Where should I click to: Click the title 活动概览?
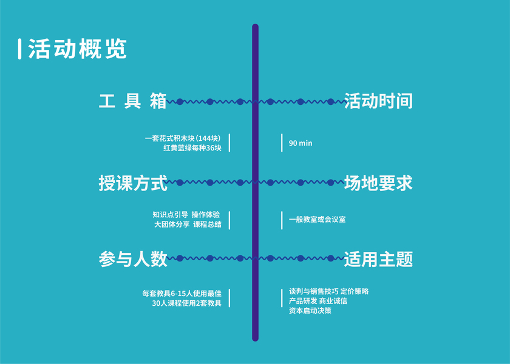point(78,50)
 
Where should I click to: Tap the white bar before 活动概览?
point(20,50)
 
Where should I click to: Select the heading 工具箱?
point(133,101)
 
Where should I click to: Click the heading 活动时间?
point(378,101)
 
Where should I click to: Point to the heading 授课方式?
point(133,182)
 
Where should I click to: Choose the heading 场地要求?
point(378,182)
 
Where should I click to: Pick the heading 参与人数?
point(133,259)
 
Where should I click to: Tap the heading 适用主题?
point(378,259)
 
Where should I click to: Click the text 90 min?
point(301,143)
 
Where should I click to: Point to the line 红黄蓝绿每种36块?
point(192,147)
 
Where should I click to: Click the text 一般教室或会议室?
point(318,220)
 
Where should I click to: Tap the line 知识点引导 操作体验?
point(187,215)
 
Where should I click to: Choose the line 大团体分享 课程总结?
point(188,224)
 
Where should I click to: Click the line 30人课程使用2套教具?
point(187,303)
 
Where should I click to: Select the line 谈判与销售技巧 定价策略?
point(328,291)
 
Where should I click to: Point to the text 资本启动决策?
point(310,311)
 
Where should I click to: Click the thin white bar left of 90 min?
point(282,143)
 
